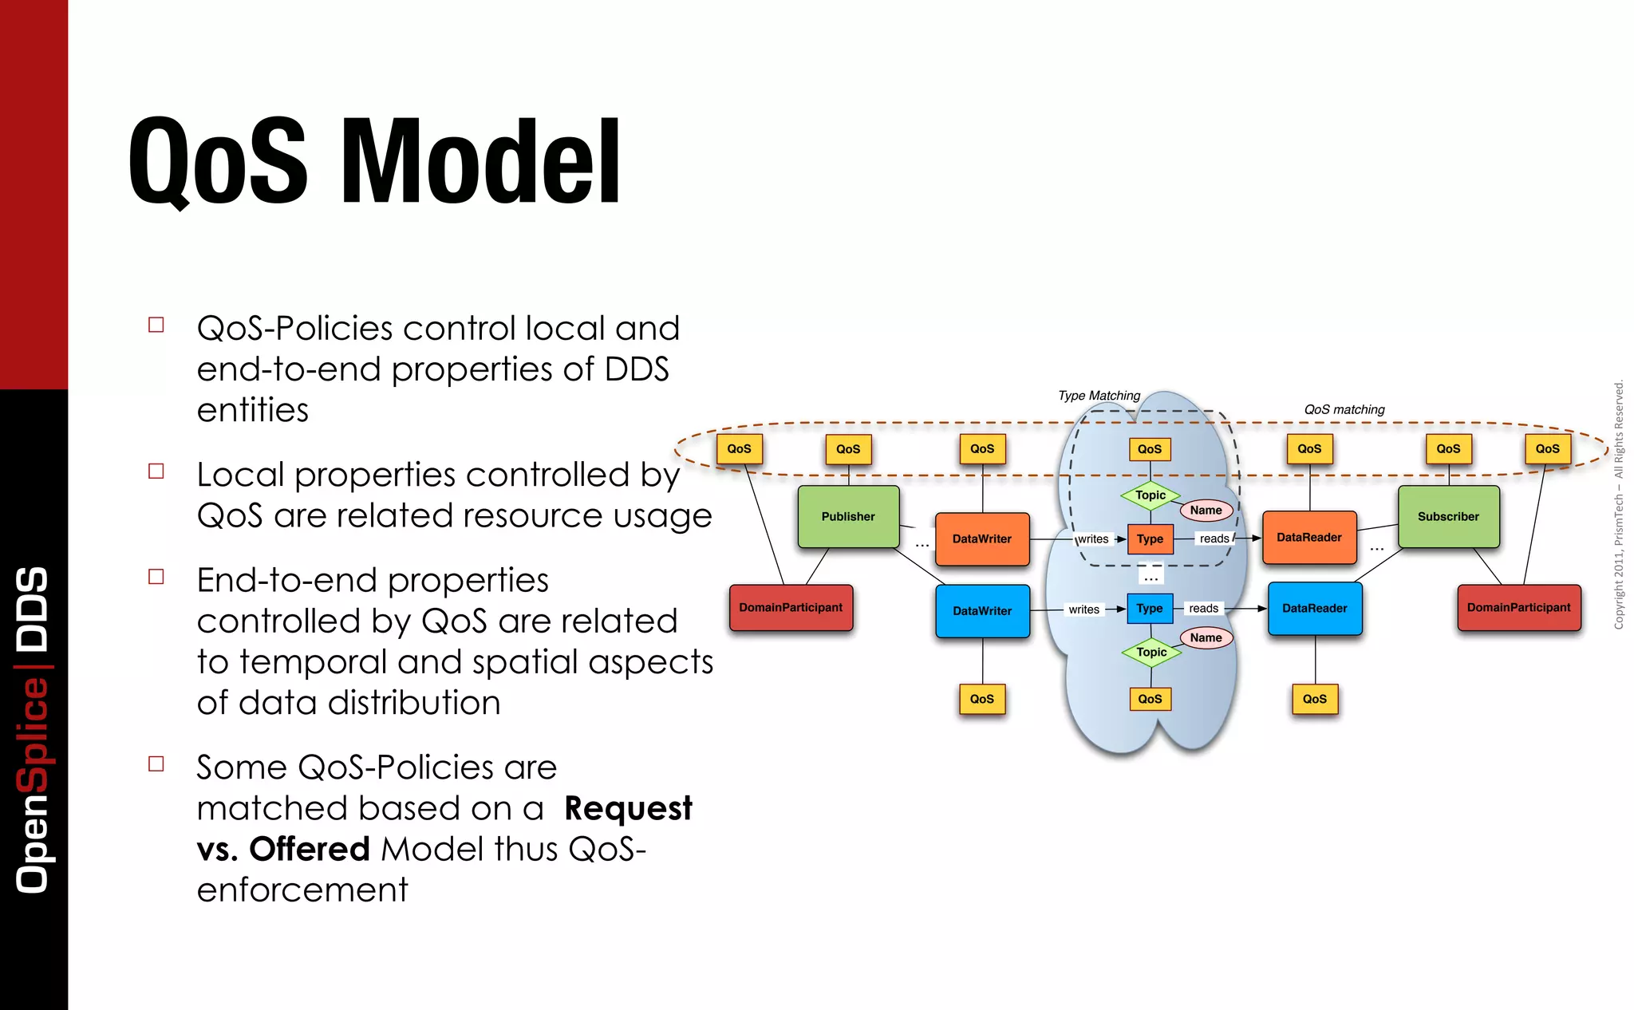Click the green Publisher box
coord(848,517)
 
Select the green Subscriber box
coord(1448,517)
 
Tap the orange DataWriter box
coord(982,539)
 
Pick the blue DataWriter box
coord(982,611)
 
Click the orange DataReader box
coord(1309,538)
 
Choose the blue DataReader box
coord(1315,609)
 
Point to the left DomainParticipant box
coord(791,608)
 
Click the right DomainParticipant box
coord(1518,608)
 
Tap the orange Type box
coord(1150,539)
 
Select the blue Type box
coord(1150,609)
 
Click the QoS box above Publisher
coord(848,449)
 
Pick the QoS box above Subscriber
coord(1448,449)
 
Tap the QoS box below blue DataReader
coord(1315,700)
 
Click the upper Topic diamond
coord(1151,495)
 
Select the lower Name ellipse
coord(1206,638)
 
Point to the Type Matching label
coord(1099,396)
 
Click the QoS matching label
coord(1344,410)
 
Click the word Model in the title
coord(481,162)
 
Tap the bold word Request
coord(628,809)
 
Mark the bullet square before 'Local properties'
coord(156,471)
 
